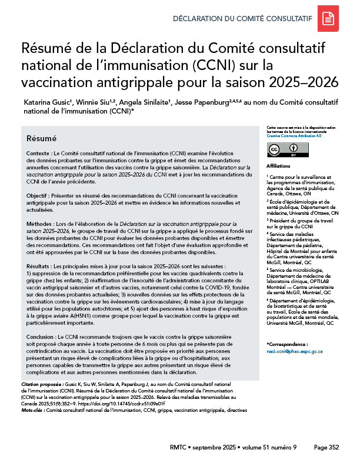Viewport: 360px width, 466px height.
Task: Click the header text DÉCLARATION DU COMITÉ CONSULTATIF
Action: tap(241, 19)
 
